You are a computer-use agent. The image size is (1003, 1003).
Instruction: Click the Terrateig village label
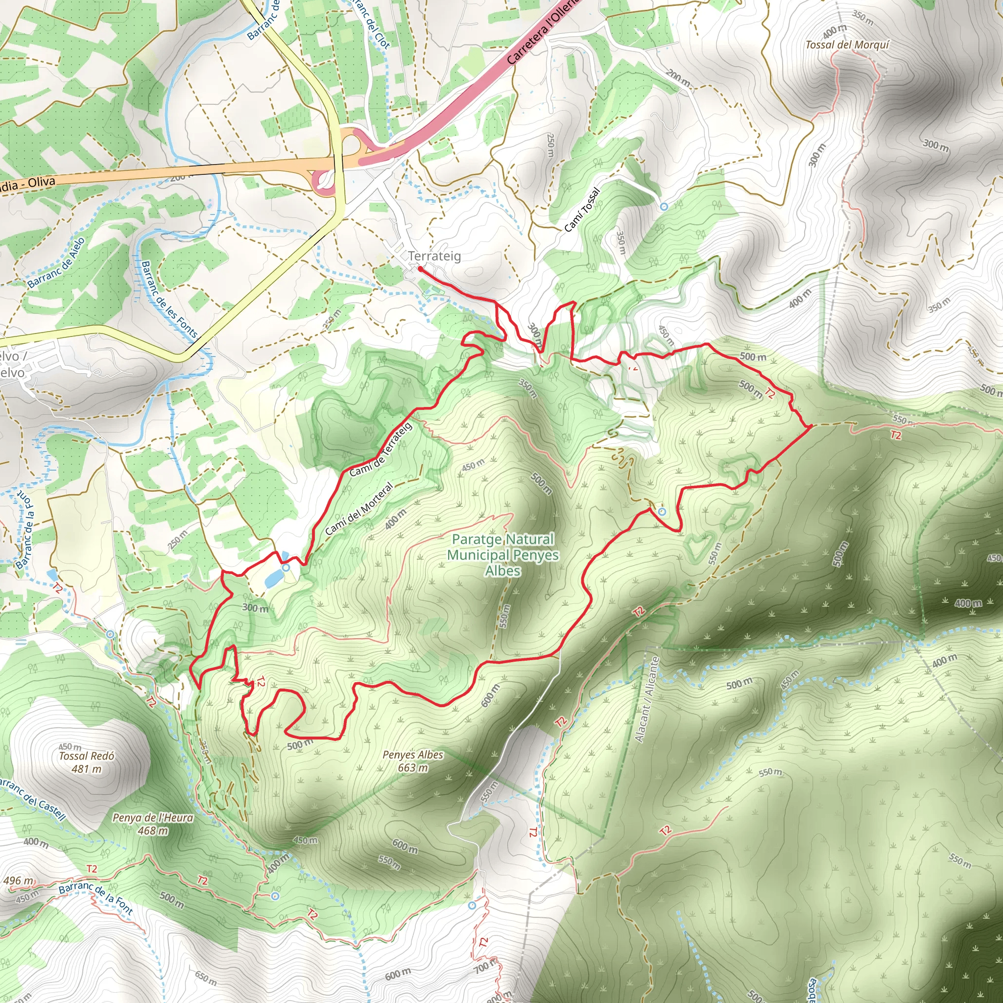tap(434, 256)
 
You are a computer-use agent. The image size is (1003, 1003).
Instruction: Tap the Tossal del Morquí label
tap(847, 45)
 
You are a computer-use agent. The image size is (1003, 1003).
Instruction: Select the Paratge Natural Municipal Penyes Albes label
tap(502, 554)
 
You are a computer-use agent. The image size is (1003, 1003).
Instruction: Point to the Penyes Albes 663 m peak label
tap(413, 761)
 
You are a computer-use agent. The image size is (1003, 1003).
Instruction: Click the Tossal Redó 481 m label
tap(86, 762)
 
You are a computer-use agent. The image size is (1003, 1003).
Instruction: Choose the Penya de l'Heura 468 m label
tap(153, 824)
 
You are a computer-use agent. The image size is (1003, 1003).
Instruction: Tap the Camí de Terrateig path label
tap(381, 450)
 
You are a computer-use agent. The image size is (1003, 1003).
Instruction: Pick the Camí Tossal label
tap(582, 209)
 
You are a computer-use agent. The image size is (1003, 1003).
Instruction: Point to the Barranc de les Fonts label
tap(169, 300)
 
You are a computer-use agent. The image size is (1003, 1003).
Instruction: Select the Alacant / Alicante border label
tap(647, 699)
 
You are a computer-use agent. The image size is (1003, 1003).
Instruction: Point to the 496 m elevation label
tap(19, 881)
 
